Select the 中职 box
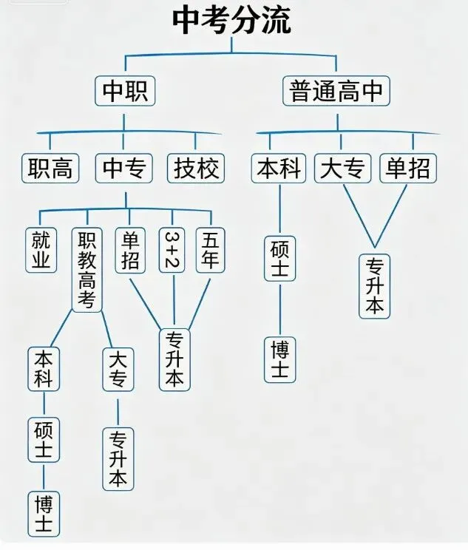[x=124, y=92]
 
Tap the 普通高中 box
[x=336, y=92]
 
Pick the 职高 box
[x=50, y=169]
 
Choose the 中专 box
[x=123, y=169]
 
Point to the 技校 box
[x=196, y=169]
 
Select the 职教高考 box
[x=87, y=269]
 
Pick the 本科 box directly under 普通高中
[x=279, y=169]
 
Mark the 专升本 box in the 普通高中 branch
[x=375, y=286]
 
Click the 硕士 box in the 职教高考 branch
[x=44, y=439]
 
